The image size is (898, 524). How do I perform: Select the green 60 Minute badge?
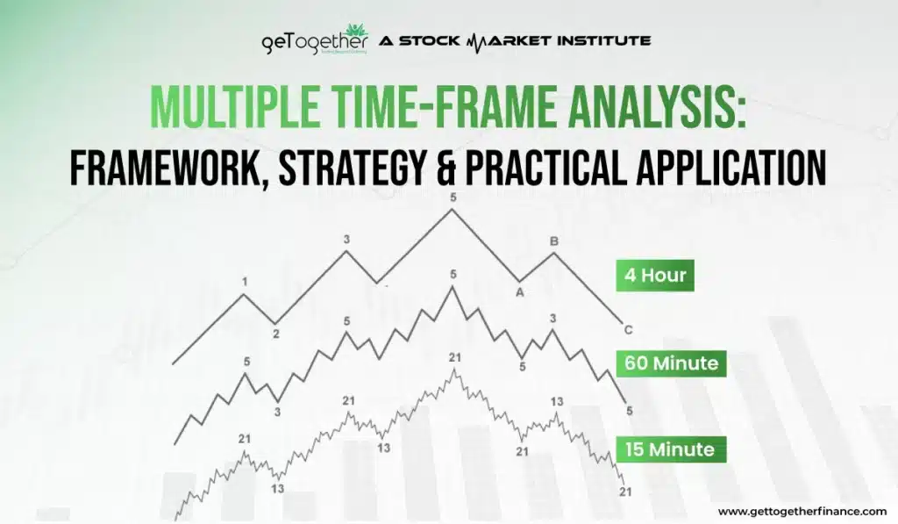coord(671,362)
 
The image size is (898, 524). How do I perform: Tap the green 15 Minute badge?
coord(669,449)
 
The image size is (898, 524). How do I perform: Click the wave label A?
coord(520,293)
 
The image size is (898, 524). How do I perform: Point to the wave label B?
coord(553,240)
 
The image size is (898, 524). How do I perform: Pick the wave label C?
coord(628,330)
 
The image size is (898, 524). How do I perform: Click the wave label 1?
coord(245,282)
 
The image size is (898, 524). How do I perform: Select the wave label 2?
coord(275,334)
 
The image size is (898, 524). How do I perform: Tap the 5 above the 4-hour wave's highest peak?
coord(453,197)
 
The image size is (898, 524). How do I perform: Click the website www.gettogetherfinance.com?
coord(802,511)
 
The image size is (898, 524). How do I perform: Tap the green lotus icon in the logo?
coord(355,32)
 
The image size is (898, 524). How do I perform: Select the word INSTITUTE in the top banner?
coord(605,40)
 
